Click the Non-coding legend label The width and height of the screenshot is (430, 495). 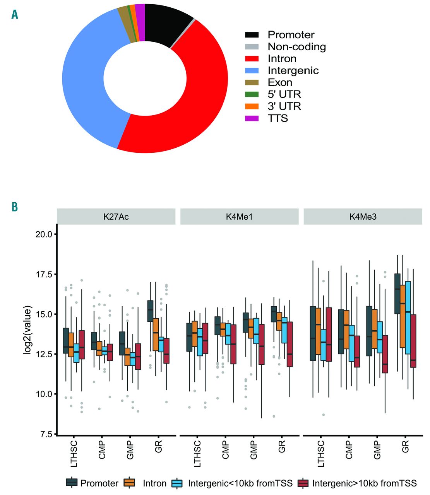point(296,47)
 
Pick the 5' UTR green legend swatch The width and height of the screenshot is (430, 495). point(252,94)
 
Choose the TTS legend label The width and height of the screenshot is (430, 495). point(278,118)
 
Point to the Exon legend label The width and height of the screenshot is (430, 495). point(279,82)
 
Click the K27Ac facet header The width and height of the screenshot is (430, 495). point(116,217)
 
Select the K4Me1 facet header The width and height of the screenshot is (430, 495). point(239,217)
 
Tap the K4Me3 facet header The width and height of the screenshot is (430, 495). point(363,217)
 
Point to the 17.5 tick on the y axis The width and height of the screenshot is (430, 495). point(44,275)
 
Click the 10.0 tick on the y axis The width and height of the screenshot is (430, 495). point(44,394)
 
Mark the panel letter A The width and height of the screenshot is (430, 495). point(15,15)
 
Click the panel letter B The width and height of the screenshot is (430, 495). point(15,207)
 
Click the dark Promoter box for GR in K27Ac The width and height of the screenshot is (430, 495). point(150,311)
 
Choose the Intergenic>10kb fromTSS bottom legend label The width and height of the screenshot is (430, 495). point(364,483)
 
